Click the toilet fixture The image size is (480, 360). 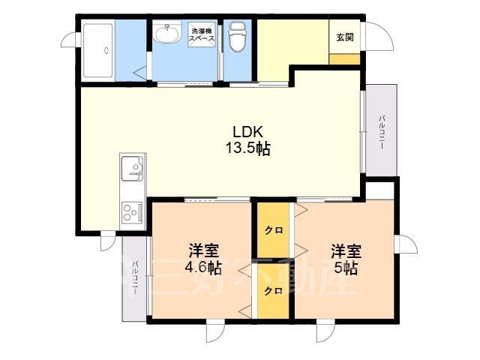tap(238, 37)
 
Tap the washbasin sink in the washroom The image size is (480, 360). tap(166, 33)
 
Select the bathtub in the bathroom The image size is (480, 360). tap(98, 50)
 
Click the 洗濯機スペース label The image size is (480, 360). tap(202, 34)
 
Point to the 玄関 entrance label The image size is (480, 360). tap(345, 37)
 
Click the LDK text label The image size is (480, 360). tap(248, 132)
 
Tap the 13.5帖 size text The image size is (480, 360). tap(248, 148)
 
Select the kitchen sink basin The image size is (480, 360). tap(133, 168)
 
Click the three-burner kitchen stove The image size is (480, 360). tap(133, 212)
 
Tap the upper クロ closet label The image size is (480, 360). tap(274, 230)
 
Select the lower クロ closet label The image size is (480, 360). tap(273, 291)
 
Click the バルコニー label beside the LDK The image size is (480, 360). tap(382, 132)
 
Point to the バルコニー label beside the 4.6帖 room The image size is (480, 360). tap(135, 277)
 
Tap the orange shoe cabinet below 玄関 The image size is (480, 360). tap(344, 59)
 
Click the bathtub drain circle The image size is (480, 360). tap(106, 50)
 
